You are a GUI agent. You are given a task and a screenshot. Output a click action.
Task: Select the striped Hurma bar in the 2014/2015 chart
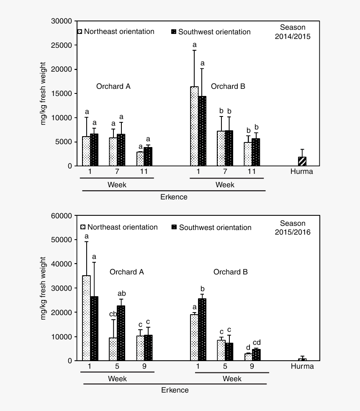click(x=302, y=161)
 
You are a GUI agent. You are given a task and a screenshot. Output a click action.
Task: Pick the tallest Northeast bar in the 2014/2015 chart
click(x=194, y=126)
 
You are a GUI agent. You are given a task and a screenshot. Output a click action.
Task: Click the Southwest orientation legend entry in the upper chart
click(x=211, y=32)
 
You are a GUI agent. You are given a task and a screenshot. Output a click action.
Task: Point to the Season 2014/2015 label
click(x=293, y=32)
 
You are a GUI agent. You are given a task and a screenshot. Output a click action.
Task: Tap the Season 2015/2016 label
click(x=293, y=227)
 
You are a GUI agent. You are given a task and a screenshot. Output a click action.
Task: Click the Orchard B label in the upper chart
click(x=228, y=86)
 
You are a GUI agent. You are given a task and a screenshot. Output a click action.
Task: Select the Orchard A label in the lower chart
click(x=126, y=272)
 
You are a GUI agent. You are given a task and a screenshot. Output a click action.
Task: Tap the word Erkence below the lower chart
click(x=175, y=390)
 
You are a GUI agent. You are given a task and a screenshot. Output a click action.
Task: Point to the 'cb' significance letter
click(x=113, y=315)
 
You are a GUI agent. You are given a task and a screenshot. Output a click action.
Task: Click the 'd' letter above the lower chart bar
click(x=248, y=347)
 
